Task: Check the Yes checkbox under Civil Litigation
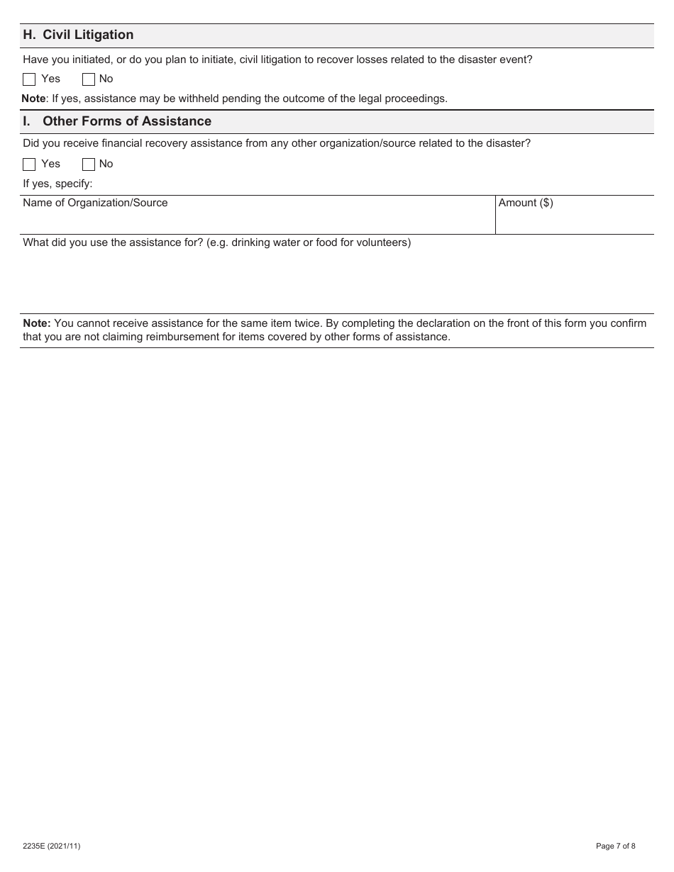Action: point(29,79)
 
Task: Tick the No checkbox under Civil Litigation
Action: point(89,79)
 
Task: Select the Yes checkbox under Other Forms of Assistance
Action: point(29,164)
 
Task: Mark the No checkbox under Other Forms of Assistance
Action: point(89,164)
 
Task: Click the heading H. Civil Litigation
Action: point(78,35)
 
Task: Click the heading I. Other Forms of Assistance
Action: point(117,121)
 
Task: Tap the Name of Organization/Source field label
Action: point(95,203)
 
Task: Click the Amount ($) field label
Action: point(526,203)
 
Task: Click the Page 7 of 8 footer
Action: point(615,846)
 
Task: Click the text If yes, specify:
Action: point(57,184)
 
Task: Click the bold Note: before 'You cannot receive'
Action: point(37,323)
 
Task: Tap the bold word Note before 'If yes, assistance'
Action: point(33,99)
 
